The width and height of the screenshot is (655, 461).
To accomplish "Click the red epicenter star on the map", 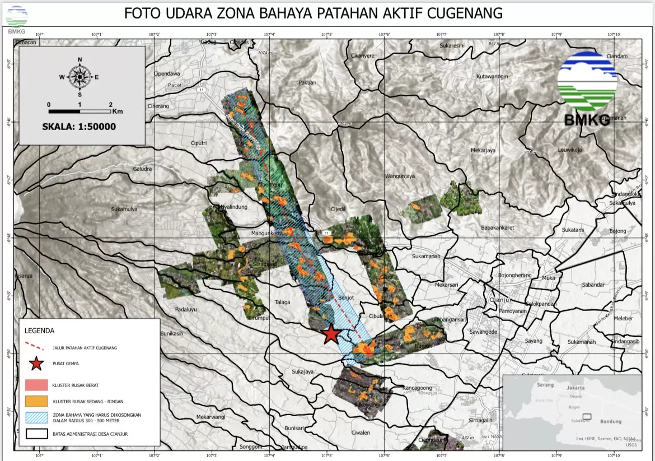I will [331, 334].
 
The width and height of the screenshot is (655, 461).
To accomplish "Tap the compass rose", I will [80, 77].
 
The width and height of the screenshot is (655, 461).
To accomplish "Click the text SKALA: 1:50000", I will [79, 127].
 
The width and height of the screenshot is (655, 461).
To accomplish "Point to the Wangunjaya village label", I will [400, 176].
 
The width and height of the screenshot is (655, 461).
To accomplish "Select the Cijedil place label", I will [338, 209].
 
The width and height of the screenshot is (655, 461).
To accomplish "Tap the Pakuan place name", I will [307, 82].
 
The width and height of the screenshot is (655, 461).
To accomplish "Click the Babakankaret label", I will [497, 228].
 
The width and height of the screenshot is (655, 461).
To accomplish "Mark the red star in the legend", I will [36, 364].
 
